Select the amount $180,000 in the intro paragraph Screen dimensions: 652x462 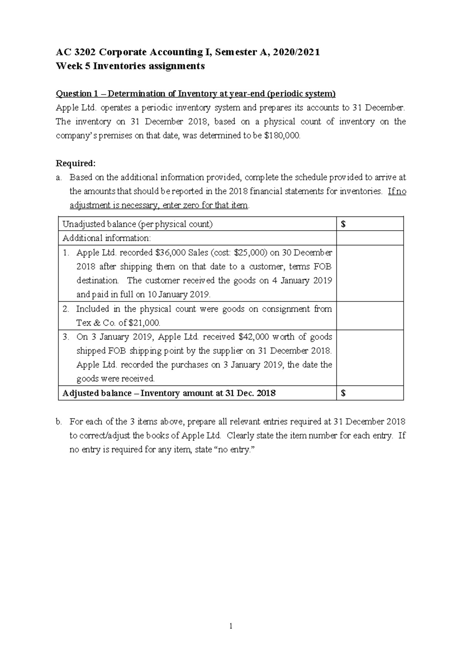click(x=282, y=136)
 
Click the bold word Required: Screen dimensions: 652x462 click(x=75, y=163)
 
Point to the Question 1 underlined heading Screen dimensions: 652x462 click(x=196, y=94)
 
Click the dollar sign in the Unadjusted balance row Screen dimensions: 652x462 click(x=343, y=224)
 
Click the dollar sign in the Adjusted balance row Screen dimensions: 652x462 click(x=343, y=393)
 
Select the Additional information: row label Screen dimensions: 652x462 click(x=107, y=238)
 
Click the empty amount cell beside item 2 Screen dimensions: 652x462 click(x=370, y=316)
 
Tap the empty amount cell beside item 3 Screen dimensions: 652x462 click(x=370, y=358)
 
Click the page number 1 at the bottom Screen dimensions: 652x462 click(x=231, y=626)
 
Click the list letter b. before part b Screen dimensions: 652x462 click(x=59, y=422)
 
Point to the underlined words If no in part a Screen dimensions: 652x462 click(x=397, y=191)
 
